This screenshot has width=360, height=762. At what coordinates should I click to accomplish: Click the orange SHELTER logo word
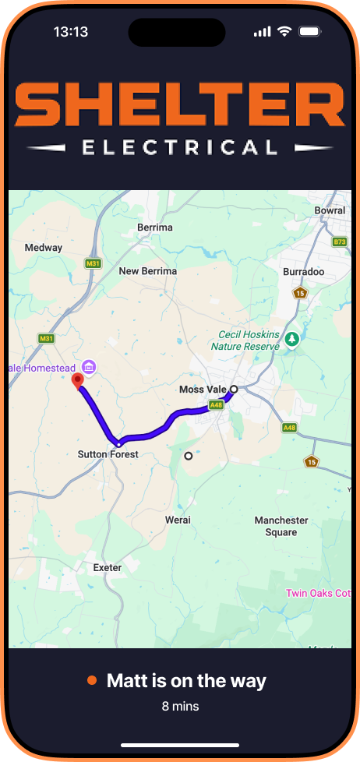(180, 106)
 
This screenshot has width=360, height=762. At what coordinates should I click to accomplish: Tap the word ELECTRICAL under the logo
(180, 147)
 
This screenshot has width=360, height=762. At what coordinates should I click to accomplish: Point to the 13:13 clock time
(70, 32)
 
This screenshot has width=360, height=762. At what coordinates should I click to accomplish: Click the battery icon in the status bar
(309, 32)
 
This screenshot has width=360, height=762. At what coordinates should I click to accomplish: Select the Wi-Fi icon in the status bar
(284, 32)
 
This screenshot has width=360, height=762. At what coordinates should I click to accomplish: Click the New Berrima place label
(147, 271)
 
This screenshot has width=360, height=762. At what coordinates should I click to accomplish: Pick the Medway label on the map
(44, 248)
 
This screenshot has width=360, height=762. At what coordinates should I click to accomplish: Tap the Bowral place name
(330, 210)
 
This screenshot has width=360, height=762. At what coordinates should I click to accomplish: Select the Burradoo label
(304, 273)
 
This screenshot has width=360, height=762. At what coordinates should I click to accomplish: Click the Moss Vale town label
(202, 390)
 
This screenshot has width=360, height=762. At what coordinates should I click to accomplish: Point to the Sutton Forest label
(108, 454)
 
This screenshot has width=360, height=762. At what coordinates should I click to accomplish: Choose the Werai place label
(178, 520)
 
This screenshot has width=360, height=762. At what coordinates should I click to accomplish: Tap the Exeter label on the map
(108, 568)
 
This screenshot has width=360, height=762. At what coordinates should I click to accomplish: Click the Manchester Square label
(281, 526)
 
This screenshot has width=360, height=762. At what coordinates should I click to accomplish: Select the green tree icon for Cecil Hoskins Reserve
(292, 339)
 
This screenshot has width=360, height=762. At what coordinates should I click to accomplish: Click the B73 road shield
(340, 242)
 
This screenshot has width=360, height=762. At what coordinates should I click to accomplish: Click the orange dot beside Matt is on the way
(92, 681)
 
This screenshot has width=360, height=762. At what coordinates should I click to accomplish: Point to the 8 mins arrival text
(180, 707)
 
